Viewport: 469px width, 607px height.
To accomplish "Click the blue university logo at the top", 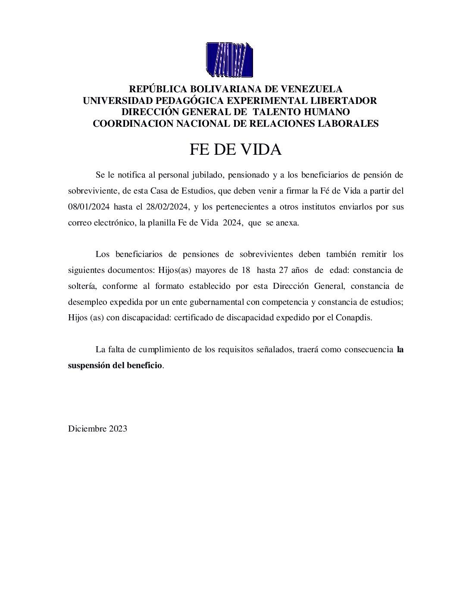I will tap(229, 59).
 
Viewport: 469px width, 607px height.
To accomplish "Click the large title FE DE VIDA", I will tap(235, 150).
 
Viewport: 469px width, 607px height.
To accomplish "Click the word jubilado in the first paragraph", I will tap(207, 175).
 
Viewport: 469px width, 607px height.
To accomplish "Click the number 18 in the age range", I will tap(245, 270).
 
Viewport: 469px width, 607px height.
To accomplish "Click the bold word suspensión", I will tap(89, 365).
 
